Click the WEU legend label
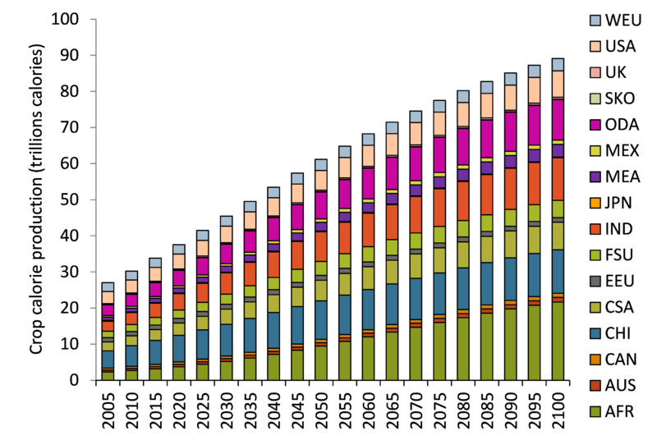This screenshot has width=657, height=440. point(623,19)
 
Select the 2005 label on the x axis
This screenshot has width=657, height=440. point(108,408)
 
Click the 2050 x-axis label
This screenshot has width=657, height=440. point(320,408)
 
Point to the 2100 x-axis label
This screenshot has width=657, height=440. point(558,408)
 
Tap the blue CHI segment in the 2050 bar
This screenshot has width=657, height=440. point(320,319)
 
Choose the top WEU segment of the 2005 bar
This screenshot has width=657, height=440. point(108,286)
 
